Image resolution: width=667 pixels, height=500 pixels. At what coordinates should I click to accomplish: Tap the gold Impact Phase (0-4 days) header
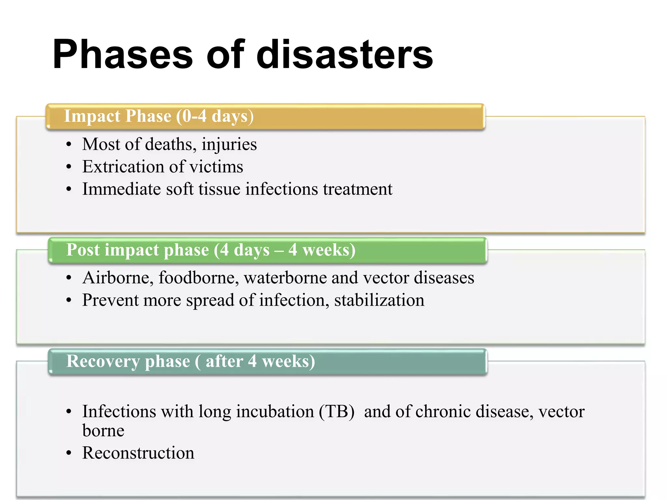(265, 117)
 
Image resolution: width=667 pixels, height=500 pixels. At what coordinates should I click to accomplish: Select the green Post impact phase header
(267, 250)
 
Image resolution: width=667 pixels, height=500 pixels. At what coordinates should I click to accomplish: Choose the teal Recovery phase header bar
(267, 361)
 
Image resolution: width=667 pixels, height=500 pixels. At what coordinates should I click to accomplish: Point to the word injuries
(229, 145)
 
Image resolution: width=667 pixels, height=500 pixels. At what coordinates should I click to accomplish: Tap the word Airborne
(118, 278)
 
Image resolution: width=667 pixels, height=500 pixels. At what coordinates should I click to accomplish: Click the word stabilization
(379, 300)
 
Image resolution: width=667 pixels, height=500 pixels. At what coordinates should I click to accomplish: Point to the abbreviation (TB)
(336, 411)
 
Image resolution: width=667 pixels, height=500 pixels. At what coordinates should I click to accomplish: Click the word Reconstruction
(138, 453)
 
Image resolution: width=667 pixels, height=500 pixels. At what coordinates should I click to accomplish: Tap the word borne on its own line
(103, 431)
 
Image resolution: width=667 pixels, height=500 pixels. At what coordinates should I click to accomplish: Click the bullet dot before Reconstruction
(68, 453)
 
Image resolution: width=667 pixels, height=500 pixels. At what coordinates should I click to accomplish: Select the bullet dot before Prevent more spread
(68, 300)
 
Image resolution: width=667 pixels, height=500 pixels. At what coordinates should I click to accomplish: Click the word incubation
(275, 411)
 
